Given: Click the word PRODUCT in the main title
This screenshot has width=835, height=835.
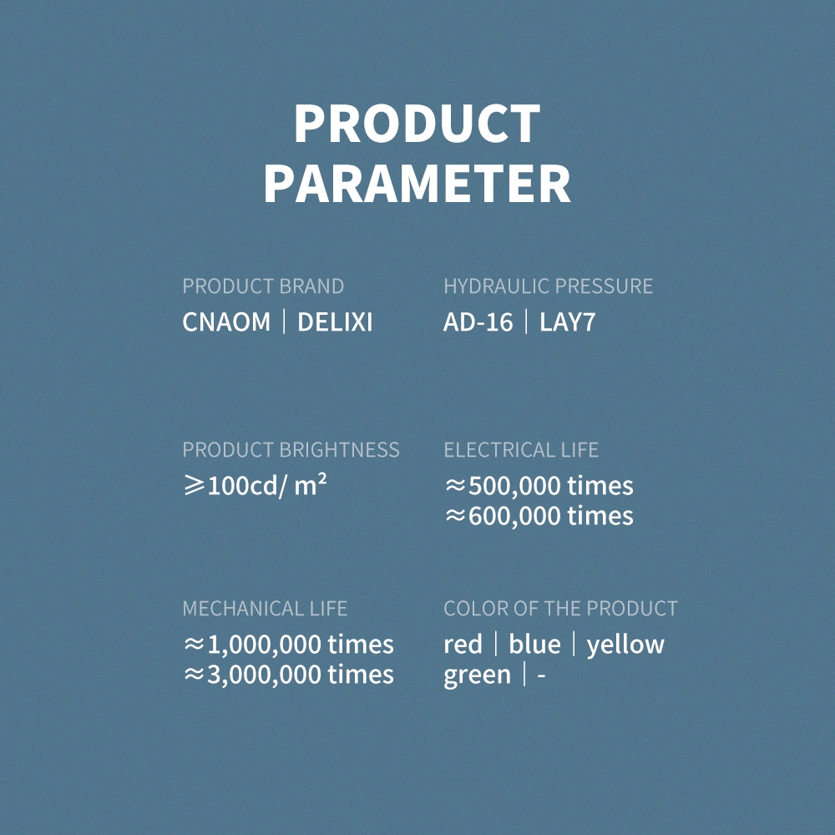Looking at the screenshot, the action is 417,123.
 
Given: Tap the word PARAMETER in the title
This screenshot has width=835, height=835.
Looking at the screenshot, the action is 417,183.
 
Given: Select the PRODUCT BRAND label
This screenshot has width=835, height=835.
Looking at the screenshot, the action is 263,286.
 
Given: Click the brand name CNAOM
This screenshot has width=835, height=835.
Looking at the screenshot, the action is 226,321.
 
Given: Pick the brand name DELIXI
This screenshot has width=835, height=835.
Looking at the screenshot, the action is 335,321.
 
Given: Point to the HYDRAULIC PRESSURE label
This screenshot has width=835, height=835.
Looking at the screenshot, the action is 548,286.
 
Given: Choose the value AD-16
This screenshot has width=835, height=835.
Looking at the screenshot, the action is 478,321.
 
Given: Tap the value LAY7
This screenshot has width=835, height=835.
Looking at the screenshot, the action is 567,321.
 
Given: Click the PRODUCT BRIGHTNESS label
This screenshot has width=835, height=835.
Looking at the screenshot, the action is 291,450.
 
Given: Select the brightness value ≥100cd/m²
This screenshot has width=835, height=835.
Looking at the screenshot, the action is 255,485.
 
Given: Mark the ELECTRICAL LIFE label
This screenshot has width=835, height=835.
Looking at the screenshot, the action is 521,450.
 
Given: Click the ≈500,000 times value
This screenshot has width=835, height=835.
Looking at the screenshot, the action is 539,486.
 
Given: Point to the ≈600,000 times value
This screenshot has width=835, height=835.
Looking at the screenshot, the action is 539,515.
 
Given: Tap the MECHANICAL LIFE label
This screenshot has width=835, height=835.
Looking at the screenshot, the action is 265,608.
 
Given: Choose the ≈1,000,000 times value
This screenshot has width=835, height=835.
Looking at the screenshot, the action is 288,645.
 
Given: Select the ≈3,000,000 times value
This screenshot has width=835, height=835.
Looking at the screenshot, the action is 288,674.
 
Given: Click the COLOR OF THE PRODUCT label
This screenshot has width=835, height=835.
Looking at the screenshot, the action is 560,608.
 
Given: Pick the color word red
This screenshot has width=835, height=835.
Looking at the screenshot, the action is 463,645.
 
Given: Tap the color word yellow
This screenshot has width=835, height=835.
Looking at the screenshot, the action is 625,645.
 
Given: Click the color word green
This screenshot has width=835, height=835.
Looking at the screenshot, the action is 477,676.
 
